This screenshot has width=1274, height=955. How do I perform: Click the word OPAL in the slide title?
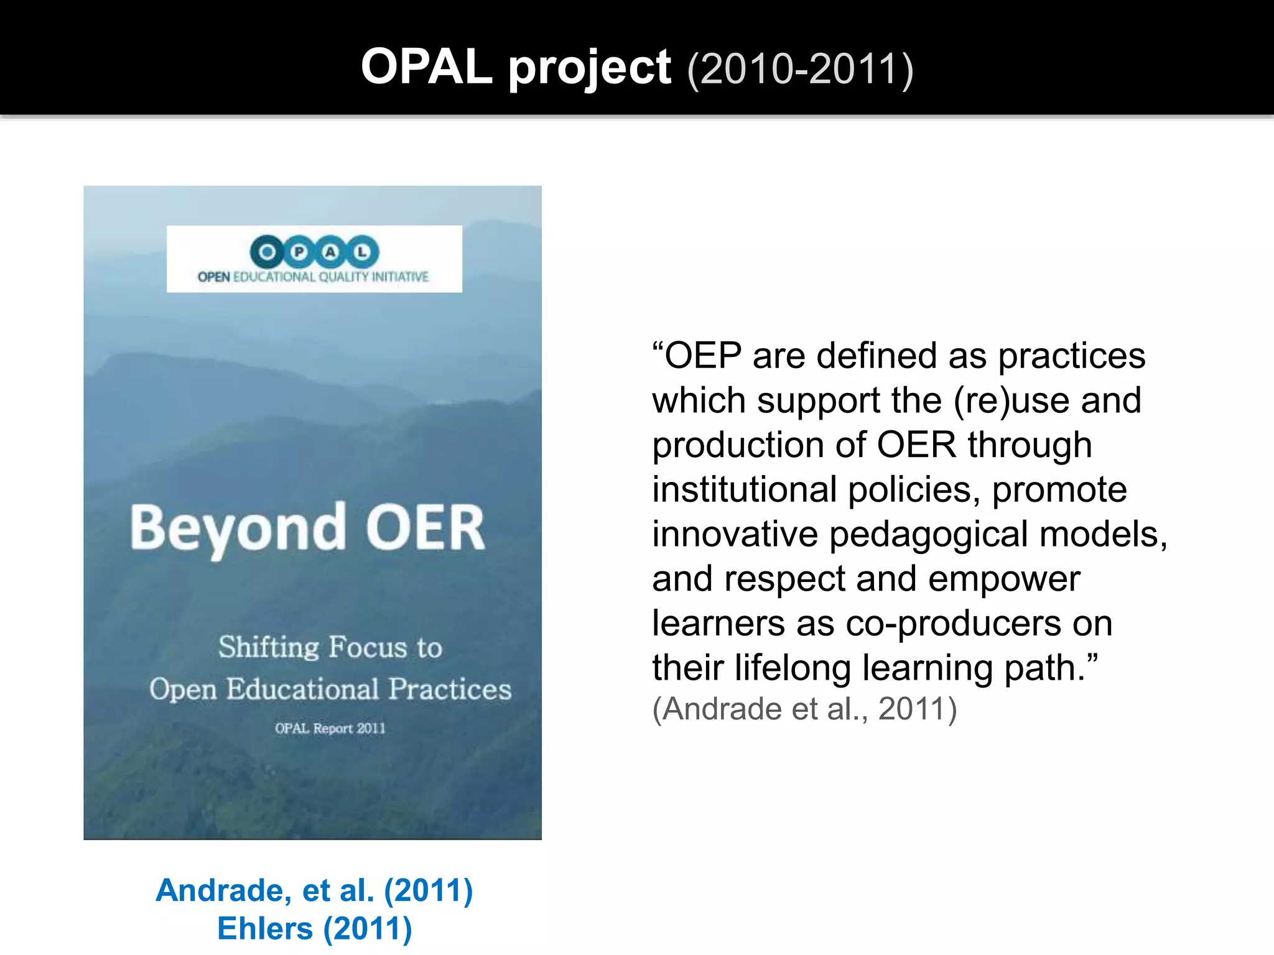(x=427, y=67)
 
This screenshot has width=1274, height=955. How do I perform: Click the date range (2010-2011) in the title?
(x=800, y=69)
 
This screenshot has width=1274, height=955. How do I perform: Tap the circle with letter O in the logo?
(x=267, y=252)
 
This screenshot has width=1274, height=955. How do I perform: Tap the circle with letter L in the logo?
(x=362, y=252)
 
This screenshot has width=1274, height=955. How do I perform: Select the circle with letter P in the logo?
(x=299, y=252)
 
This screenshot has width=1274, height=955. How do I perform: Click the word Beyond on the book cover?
(x=238, y=528)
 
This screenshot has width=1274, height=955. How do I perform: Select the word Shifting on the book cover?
(x=268, y=647)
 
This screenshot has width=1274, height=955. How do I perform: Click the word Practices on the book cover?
(x=450, y=689)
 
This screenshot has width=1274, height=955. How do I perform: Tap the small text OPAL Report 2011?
(x=330, y=728)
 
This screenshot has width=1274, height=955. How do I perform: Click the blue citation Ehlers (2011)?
(x=314, y=928)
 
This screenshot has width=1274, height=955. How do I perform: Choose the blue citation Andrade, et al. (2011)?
(x=314, y=890)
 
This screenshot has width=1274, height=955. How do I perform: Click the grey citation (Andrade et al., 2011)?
(x=804, y=709)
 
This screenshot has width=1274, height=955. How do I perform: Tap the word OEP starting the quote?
(x=703, y=356)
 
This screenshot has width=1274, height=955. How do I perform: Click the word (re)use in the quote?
(x=1011, y=400)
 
